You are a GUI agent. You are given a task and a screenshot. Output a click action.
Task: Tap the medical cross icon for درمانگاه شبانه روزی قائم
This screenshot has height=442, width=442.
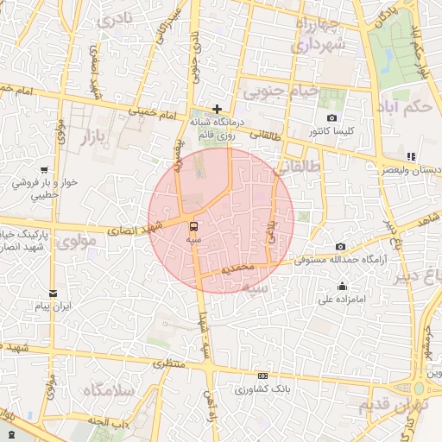216,109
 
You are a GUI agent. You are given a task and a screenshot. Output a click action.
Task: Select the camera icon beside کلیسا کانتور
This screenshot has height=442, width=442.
331,118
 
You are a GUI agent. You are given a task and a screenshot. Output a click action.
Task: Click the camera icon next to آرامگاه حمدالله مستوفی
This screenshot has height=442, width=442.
339,247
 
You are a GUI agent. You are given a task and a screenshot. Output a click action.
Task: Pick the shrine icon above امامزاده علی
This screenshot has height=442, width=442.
343,287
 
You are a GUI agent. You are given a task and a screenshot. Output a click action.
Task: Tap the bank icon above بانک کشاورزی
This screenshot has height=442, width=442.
262,376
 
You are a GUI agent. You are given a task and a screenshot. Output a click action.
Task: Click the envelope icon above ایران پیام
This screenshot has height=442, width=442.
53,294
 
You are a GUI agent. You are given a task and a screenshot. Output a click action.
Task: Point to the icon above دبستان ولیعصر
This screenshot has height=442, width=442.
411,157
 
